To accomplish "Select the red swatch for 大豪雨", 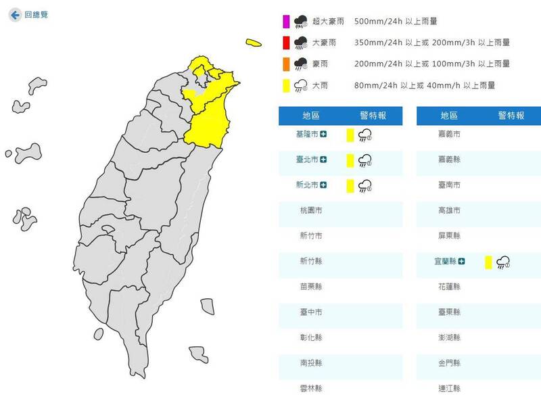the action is tap(286, 43).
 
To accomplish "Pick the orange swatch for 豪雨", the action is tap(286, 64).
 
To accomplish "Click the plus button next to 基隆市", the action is tap(324, 135).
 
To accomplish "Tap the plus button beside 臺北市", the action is tap(324, 160).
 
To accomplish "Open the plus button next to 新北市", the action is tap(324, 185).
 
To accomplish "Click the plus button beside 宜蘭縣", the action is tap(462, 260).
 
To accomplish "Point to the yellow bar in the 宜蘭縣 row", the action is tap(488, 262).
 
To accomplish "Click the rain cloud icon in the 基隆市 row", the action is tap(365, 135).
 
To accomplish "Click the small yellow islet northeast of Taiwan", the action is tap(254, 43).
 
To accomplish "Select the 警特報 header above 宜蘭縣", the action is tap(511, 116).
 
